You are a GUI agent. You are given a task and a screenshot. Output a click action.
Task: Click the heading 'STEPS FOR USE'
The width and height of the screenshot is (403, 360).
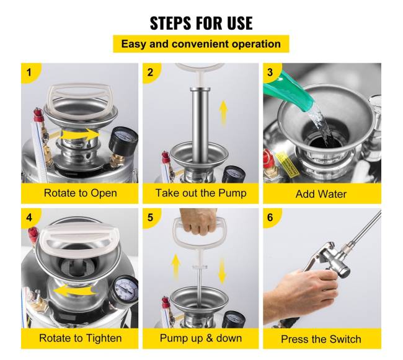tap(201, 23)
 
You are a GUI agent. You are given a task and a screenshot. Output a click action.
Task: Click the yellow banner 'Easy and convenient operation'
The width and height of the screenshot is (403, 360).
tap(201, 44)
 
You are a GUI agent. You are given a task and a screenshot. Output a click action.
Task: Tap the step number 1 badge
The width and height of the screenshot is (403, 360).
tap(29, 72)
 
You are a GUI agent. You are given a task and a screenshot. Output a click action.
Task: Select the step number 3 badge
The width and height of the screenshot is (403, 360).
tap(270, 72)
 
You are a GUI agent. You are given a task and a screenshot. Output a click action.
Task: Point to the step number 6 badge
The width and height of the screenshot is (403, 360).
tap(270, 217)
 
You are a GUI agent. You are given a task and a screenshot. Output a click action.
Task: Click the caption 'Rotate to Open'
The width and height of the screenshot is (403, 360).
tap(80, 193)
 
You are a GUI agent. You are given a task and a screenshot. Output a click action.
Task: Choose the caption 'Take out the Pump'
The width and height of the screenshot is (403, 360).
tap(201, 193)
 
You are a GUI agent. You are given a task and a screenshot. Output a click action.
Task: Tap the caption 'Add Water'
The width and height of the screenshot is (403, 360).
tap(321, 194)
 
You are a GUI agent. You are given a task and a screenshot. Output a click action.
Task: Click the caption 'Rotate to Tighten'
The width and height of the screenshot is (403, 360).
tap(80, 338)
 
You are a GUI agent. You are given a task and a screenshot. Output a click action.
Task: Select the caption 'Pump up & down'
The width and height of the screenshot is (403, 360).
tap(201, 338)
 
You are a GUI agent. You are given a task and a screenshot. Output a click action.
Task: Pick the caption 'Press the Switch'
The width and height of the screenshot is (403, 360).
tap(321, 339)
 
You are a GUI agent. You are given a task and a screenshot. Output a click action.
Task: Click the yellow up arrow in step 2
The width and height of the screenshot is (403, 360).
tap(224, 113)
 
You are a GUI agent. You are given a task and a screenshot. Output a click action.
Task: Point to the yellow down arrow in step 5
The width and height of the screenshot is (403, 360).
tap(222, 271)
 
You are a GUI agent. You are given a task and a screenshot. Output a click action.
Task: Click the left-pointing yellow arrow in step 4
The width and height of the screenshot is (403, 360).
tap(74, 290)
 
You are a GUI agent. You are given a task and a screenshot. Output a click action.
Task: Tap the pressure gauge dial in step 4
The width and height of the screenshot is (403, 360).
tap(126, 289)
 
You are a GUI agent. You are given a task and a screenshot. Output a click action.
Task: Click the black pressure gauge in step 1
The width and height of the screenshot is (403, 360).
tap(123, 141)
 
